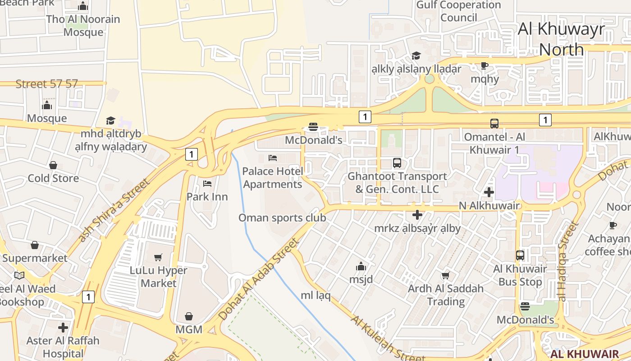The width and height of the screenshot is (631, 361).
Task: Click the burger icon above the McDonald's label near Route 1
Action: [x=313, y=127]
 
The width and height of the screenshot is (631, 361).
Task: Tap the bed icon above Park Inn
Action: [x=207, y=183]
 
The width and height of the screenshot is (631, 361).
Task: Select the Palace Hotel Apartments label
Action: [x=273, y=178]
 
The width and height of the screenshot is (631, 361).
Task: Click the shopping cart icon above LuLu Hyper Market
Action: [x=158, y=257]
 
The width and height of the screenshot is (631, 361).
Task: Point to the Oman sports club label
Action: [x=282, y=218]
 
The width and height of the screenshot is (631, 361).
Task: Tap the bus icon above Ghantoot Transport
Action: [x=397, y=163]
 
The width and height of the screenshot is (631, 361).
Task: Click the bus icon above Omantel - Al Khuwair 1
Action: [x=494, y=123]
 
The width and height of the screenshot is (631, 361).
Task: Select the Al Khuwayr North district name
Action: [x=561, y=39]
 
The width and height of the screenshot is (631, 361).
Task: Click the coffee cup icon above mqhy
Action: [x=485, y=65]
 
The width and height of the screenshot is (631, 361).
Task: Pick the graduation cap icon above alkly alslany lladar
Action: [x=416, y=56]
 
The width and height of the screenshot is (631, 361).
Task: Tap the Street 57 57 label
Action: [x=46, y=84]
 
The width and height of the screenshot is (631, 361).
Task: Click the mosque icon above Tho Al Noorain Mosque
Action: [x=83, y=6]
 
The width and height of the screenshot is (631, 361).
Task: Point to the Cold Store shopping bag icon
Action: [x=53, y=165]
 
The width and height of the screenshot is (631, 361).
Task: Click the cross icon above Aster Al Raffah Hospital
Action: [x=63, y=327]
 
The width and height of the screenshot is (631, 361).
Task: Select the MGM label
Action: [x=189, y=329]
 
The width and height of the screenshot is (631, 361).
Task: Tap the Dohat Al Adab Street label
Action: [x=259, y=280]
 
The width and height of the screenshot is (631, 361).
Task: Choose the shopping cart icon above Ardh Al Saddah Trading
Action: [x=445, y=275]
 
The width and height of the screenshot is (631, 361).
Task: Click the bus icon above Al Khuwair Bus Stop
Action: [x=520, y=255]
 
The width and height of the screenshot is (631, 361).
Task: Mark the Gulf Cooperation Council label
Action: [x=458, y=11]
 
